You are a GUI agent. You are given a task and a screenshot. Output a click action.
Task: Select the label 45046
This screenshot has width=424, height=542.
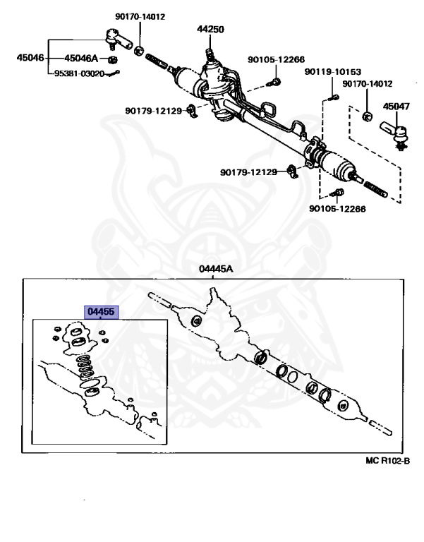(30, 58)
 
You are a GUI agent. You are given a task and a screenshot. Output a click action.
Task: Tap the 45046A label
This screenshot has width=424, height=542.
(81, 59)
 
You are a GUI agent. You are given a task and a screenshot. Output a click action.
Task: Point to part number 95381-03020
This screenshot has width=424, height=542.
(80, 73)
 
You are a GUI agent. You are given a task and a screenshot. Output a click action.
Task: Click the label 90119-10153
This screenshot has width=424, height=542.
(333, 72)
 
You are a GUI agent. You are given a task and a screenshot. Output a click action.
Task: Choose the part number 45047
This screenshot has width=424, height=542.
(396, 107)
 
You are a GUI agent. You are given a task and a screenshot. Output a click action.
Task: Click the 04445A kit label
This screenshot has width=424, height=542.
(215, 269)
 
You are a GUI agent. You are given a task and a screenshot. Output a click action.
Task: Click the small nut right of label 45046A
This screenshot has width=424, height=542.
(112, 59)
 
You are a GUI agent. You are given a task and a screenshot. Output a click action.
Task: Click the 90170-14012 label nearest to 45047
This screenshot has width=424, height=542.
(367, 84)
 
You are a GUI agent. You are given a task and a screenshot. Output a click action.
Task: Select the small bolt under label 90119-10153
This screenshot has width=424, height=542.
(329, 98)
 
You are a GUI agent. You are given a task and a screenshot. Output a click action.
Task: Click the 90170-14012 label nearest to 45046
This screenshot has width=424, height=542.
(140, 16)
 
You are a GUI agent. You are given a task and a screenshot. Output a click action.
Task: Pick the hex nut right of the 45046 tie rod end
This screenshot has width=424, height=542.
(140, 50)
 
